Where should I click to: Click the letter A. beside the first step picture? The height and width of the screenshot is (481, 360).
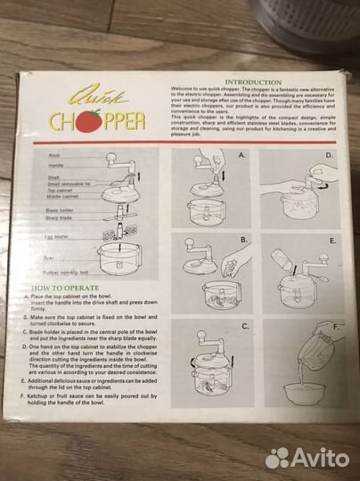(241, 155)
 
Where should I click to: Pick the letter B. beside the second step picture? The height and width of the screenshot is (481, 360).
(242, 240)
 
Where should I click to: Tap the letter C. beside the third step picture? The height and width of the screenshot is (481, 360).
(243, 327)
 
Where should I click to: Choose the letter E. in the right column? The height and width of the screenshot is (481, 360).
(332, 241)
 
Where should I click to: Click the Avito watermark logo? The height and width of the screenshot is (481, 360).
(307, 457)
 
